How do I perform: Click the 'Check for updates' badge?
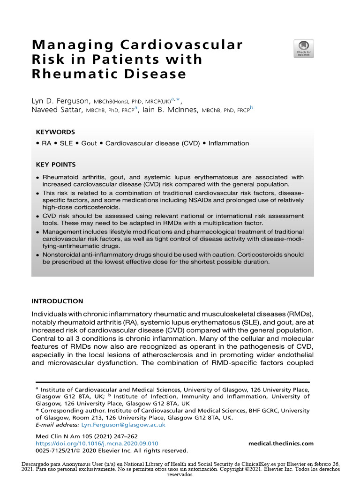pyautogui.click(x=304, y=49)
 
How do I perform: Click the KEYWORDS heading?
pyautogui.click(x=55, y=132)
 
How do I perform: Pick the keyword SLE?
pyautogui.click(x=66, y=143)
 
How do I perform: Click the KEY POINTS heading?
pyautogui.click(x=56, y=165)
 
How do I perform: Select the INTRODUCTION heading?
pyautogui.click(x=57, y=301)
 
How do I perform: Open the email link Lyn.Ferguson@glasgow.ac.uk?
pyautogui.click(x=123, y=425)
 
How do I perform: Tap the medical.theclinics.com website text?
pyautogui.click(x=281, y=443)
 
